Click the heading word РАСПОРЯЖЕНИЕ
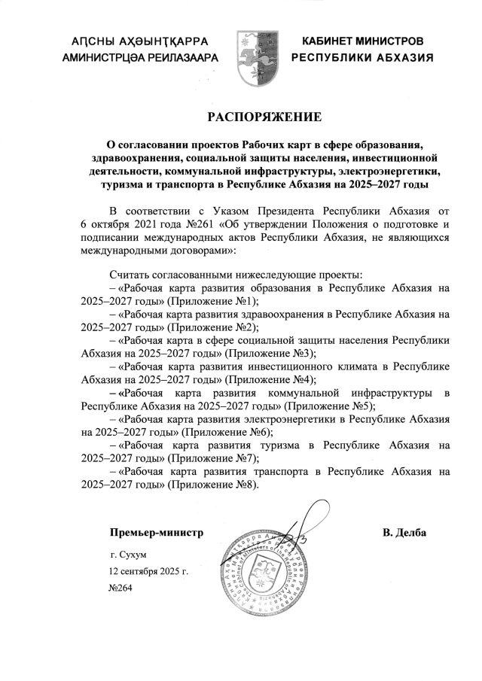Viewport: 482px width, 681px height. [264, 117]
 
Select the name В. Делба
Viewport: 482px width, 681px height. [404, 534]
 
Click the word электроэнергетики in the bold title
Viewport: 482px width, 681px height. [390, 171]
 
